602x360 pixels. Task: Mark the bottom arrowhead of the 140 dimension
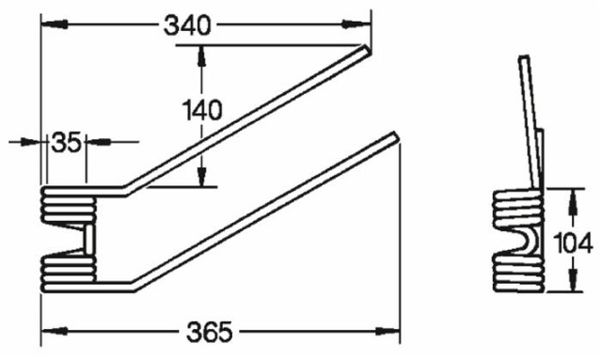[x=199, y=179]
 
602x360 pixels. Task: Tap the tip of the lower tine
[x=394, y=139]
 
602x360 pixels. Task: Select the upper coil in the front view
[x=68, y=204]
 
